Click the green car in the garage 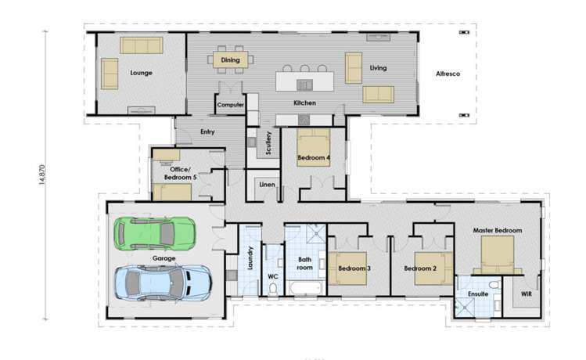tap(153, 232)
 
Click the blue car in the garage tap(163, 281)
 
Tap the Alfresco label tap(448, 74)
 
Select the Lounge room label tap(141, 73)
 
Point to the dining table tap(230, 59)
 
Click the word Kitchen tap(304, 103)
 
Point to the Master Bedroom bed tap(497, 253)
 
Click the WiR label tap(525, 295)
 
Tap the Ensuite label tap(477, 294)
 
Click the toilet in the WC tap(272, 290)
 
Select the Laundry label tap(250, 259)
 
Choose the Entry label tap(207, 131)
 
